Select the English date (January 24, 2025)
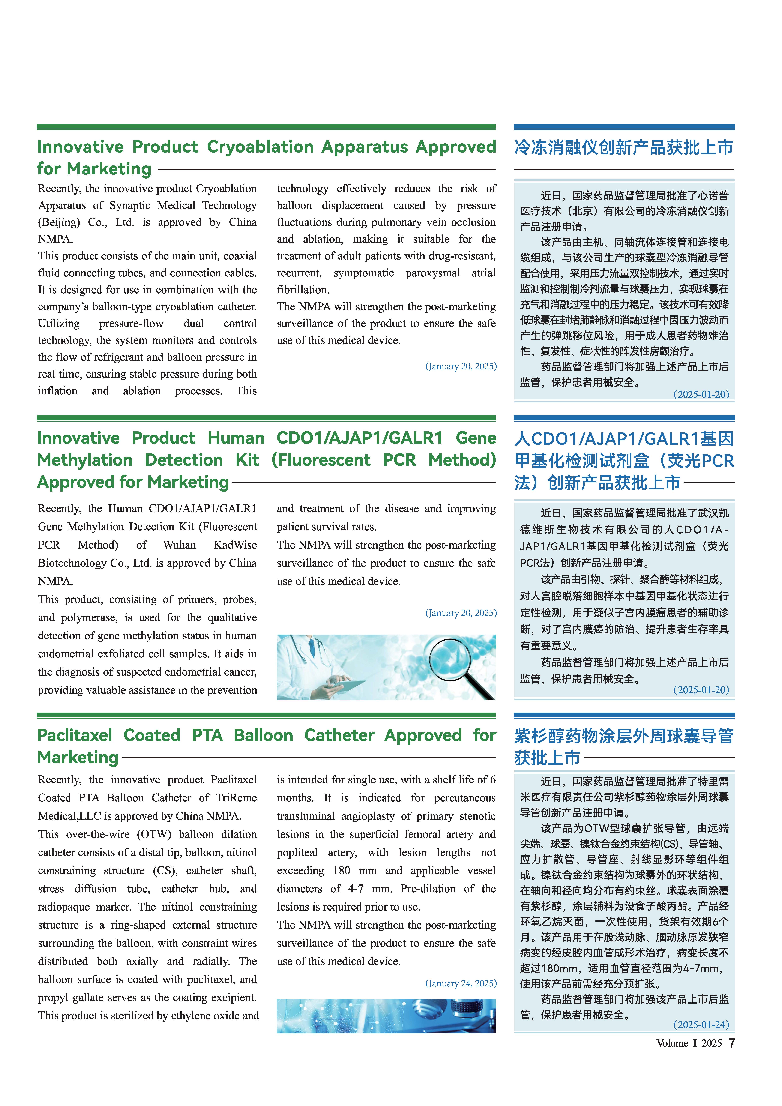pyautogui.click(x=461, y=983)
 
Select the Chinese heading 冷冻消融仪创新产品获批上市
pyautogui.click(x=623, y=147)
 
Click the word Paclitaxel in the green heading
pyautogui.click(x=75, y=735)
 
